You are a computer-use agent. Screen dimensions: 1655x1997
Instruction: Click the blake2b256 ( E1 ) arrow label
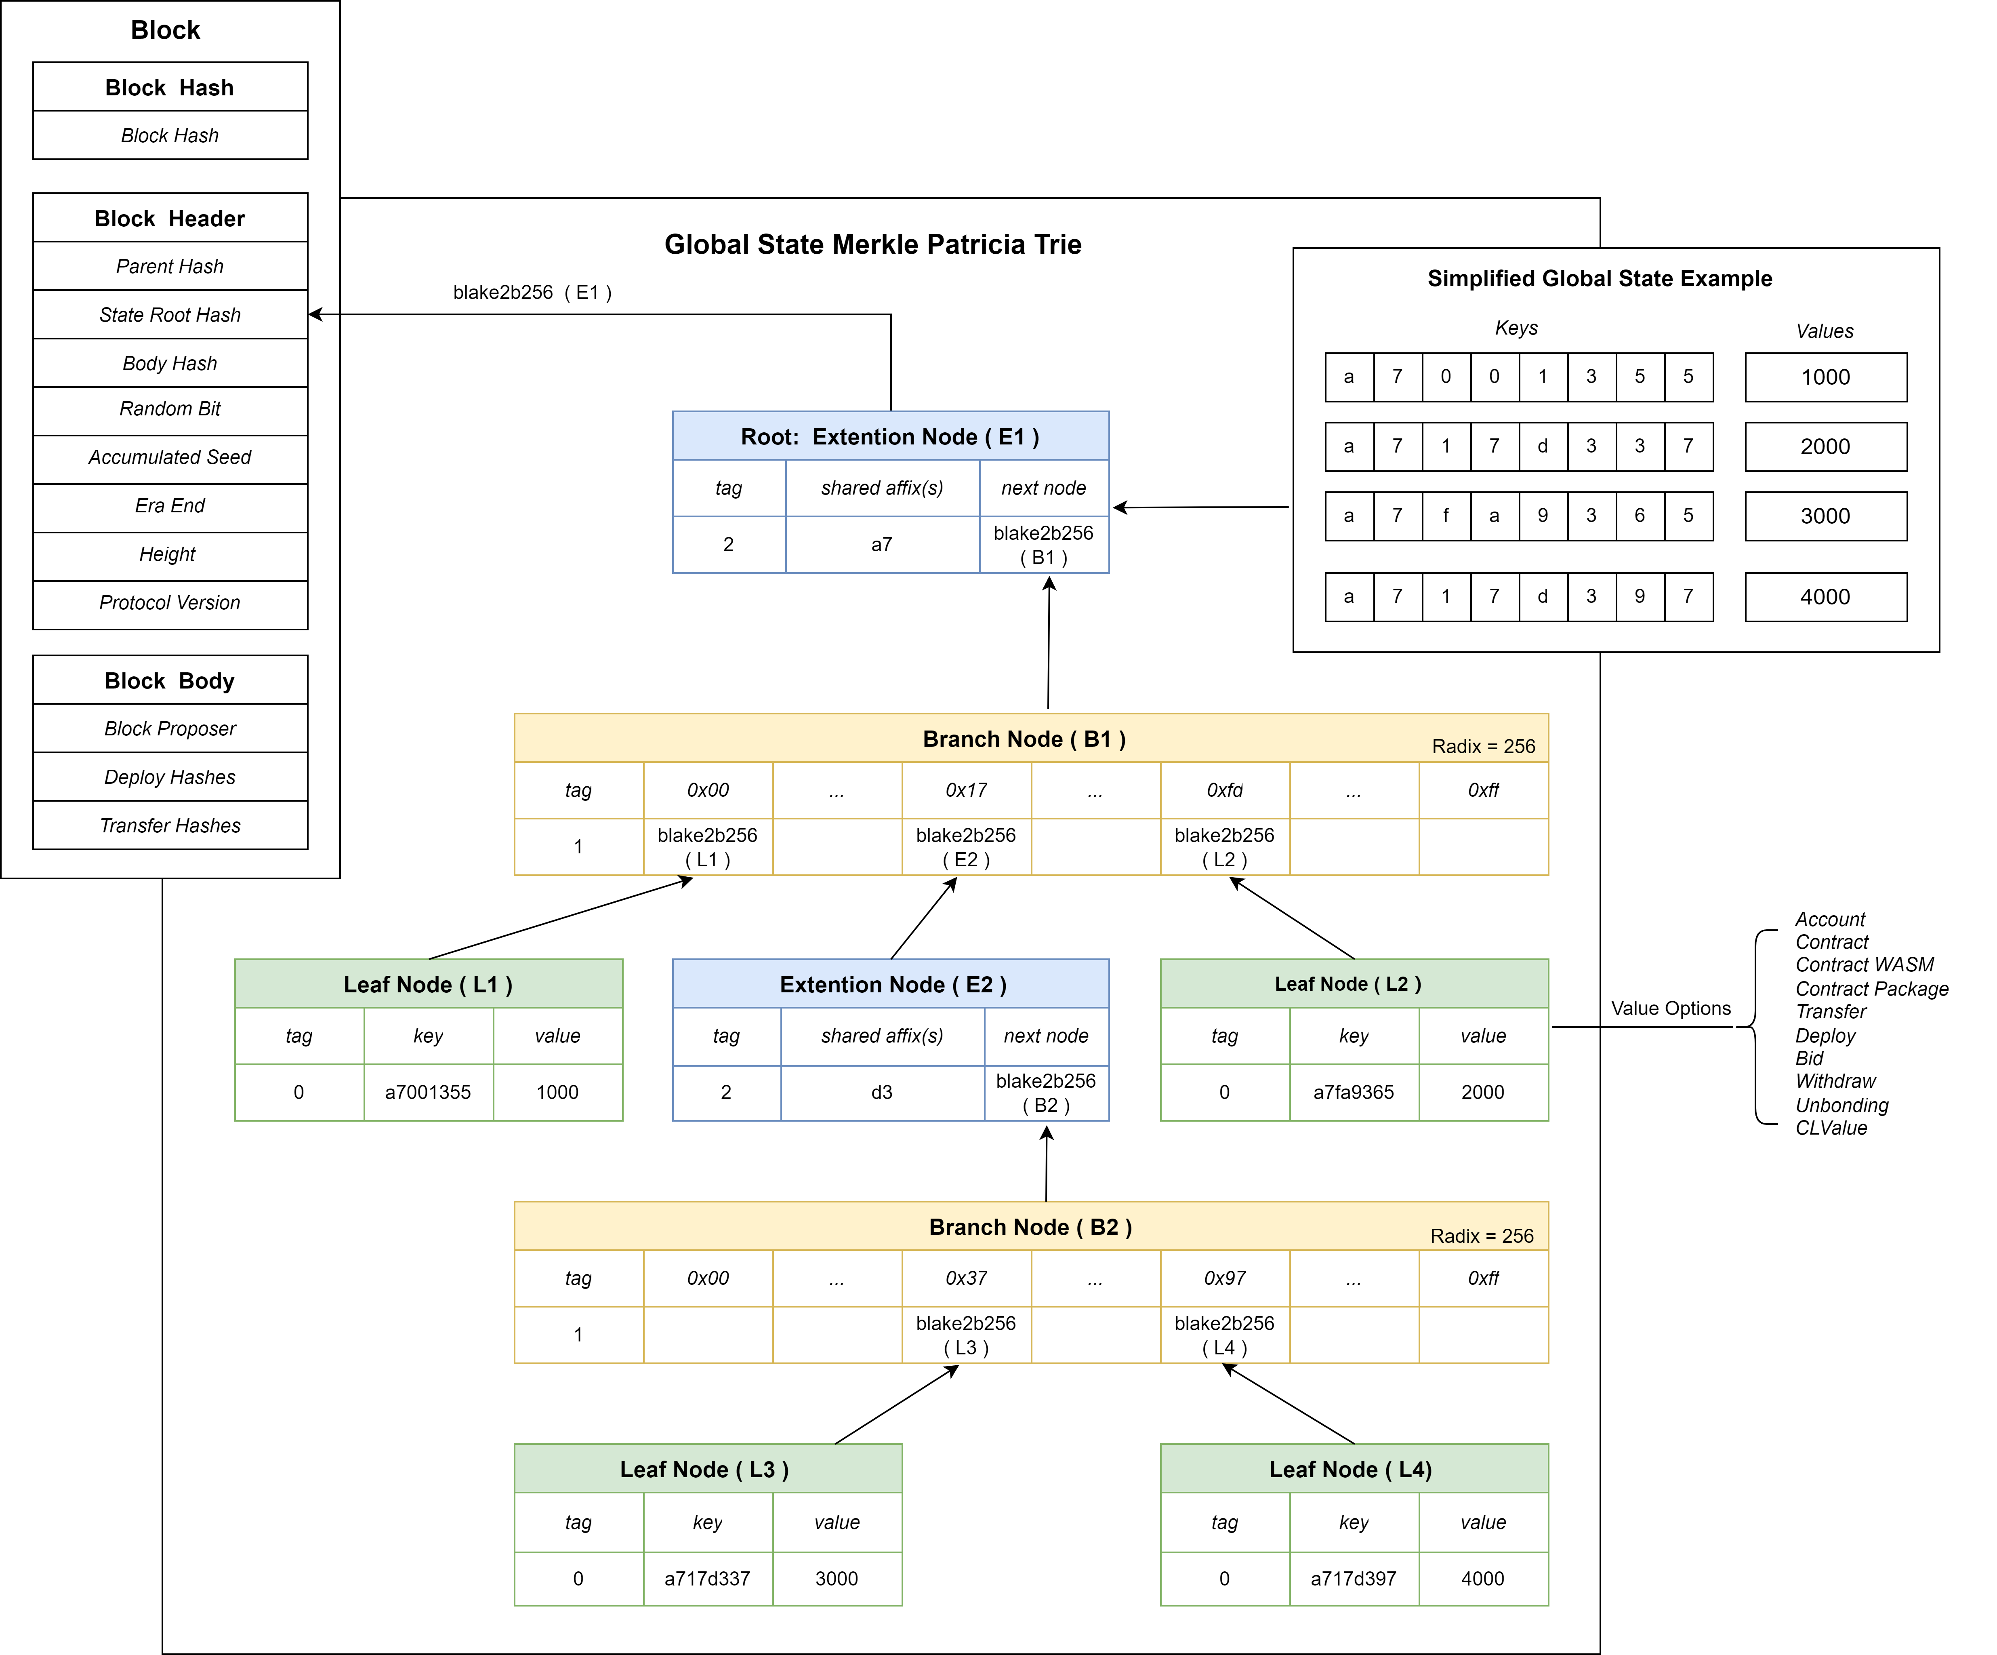[x=532, y=292]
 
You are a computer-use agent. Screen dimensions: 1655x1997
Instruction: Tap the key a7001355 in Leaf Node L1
[x=428, y=1092]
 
